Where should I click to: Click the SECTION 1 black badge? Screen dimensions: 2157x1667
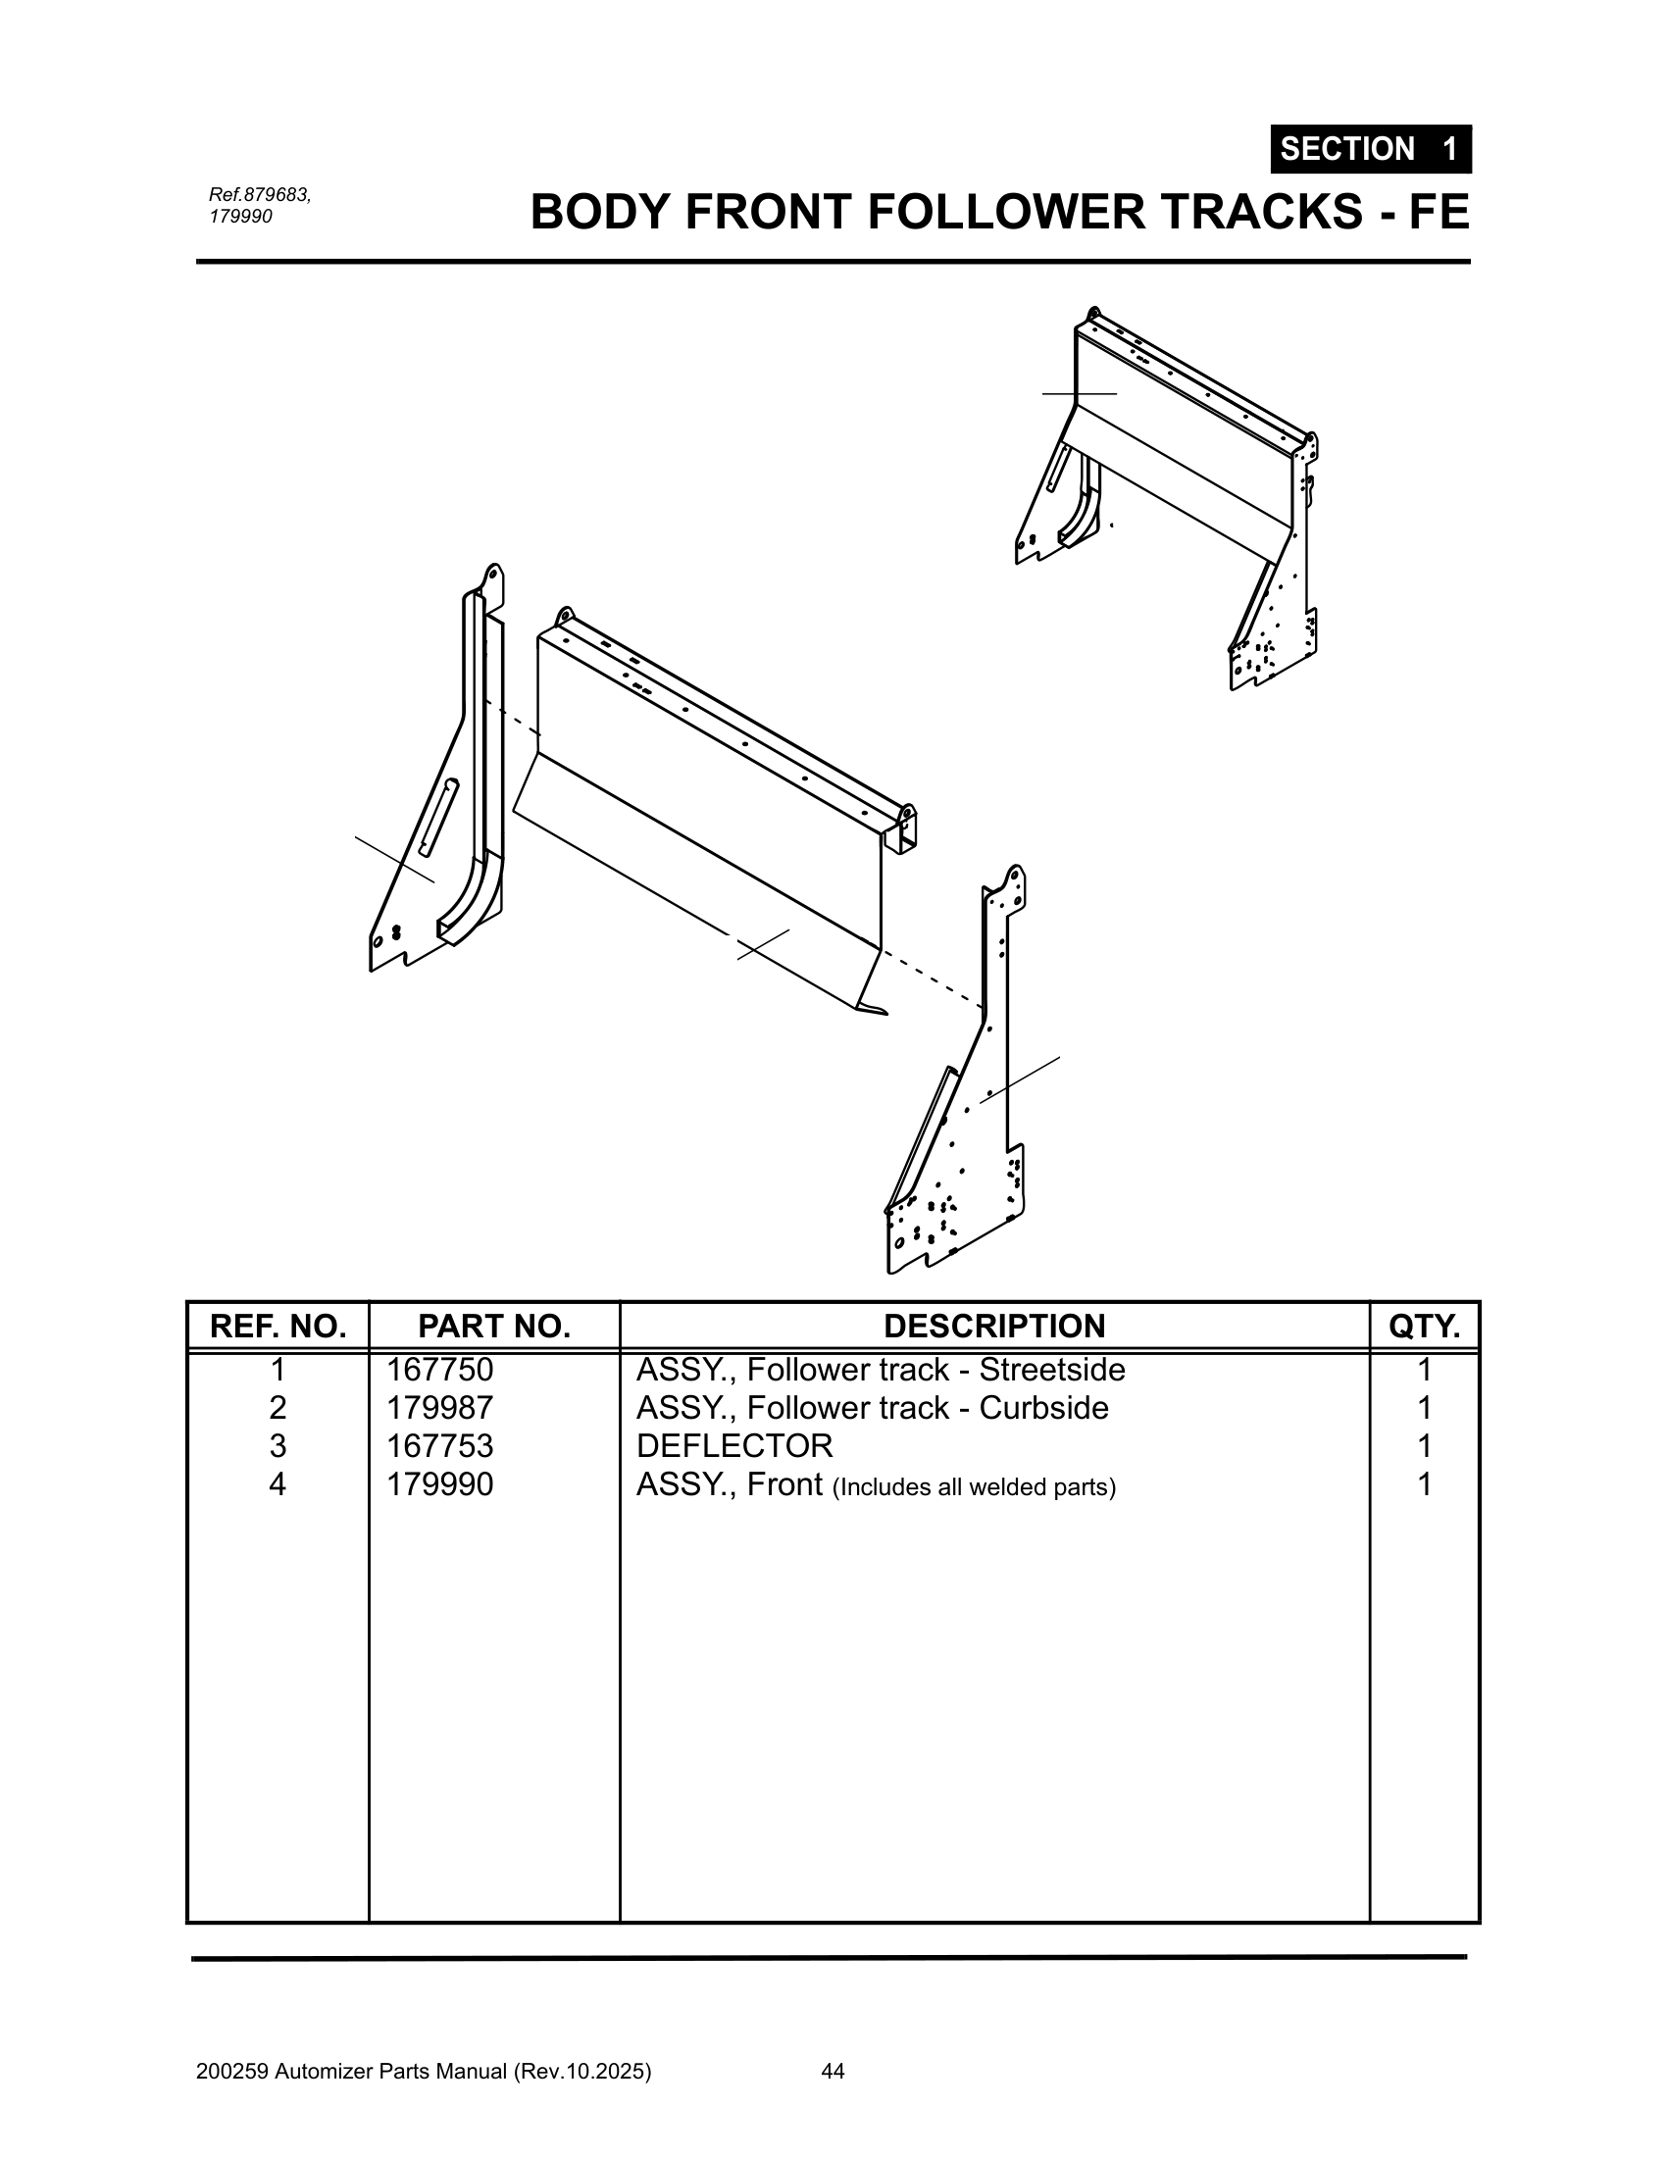[1370, 149]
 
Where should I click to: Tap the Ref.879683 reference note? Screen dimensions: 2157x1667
[260, 194]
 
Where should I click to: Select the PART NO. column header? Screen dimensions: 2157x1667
[494, 1327]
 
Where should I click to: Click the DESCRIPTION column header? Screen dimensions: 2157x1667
[993, 1327]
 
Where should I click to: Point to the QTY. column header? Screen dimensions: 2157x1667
[1423, 1327]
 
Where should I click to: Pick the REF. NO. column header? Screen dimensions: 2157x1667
[278, 1327]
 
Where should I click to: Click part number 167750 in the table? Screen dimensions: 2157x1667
[438, 1370]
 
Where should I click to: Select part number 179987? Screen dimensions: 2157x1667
[438, 1408]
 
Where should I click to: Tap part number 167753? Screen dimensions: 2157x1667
[438, 1446]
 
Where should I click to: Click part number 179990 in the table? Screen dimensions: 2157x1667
[438, 1484]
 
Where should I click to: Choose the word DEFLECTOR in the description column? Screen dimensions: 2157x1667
[733, 1446]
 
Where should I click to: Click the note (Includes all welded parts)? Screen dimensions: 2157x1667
[974, 1487]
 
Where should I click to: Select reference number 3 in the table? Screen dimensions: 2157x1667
[278, 1446]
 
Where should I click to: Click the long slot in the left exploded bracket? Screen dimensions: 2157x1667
[437, 816]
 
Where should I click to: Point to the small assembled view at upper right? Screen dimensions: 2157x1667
[1175, 494]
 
